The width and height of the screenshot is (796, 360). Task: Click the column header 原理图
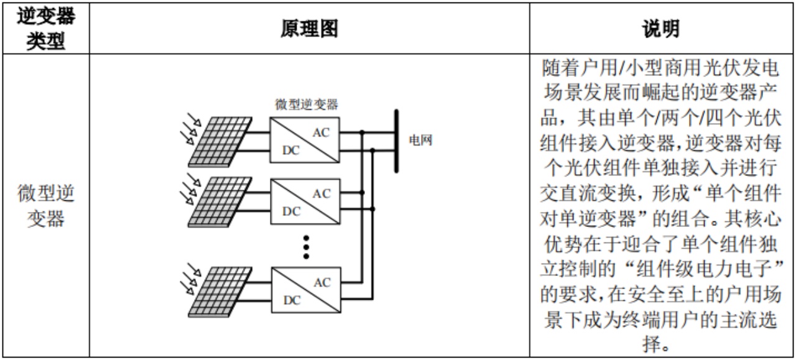click(309, 28)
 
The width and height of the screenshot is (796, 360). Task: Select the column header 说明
click(662, 28)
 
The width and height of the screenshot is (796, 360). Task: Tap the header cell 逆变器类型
click(45, 28)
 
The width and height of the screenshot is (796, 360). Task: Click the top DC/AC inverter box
click(305, 139)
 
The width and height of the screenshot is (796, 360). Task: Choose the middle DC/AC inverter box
click(305, 201)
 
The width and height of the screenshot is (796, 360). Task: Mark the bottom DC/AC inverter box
click(305, 290)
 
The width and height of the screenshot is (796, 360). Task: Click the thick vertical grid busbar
click(396, 141)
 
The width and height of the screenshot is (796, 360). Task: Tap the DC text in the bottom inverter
click(291, 300)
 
